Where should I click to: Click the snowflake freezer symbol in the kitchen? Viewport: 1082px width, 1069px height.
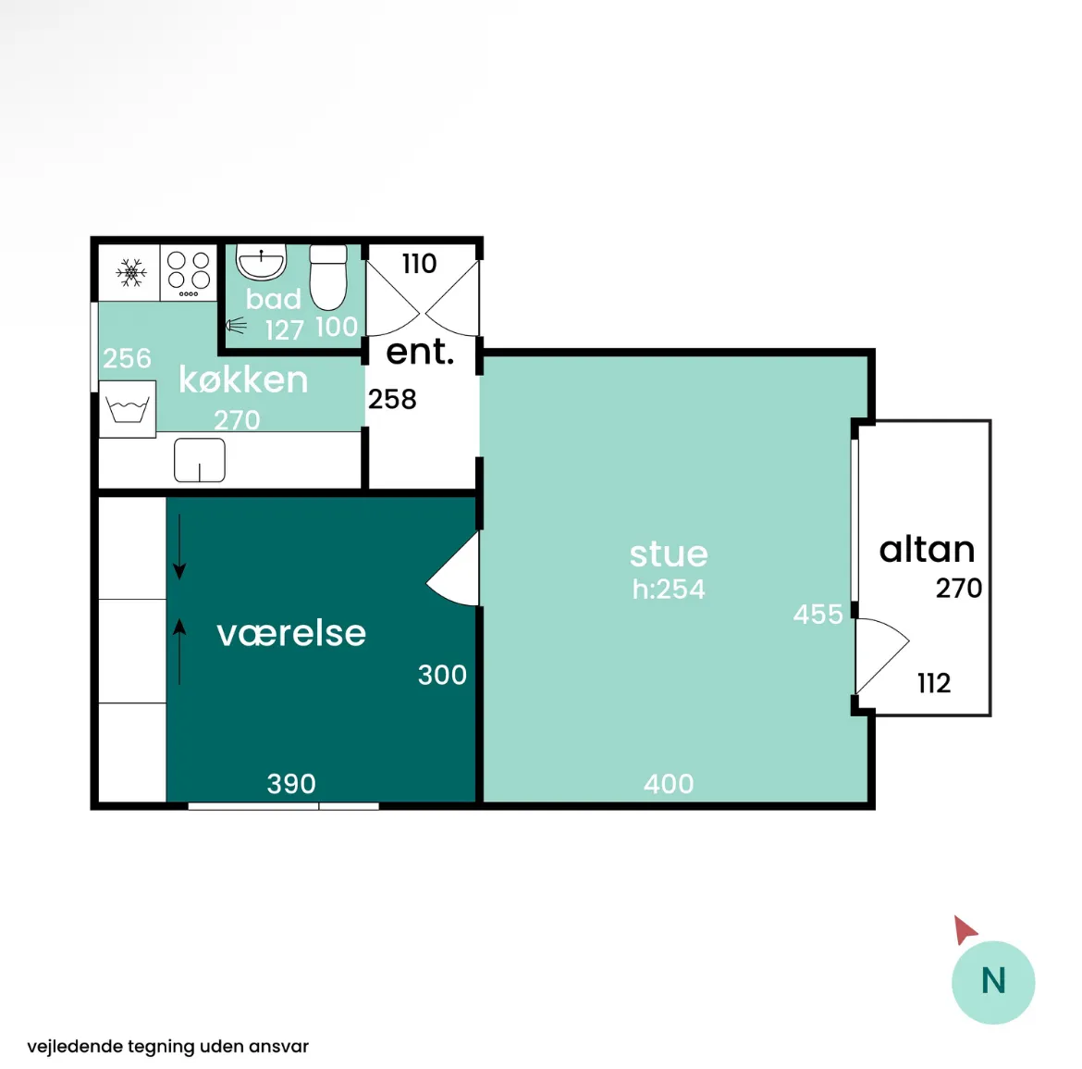pos(131,273)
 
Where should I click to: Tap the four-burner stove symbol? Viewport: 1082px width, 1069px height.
pos(189,273)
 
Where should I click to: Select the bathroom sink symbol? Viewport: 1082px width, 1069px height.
pos(261,262)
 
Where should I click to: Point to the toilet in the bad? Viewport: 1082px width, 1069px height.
pos(327,277)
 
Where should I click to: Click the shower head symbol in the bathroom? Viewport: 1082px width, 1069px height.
pos(236,325)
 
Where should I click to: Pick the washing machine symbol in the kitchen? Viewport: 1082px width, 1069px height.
pos(128,409)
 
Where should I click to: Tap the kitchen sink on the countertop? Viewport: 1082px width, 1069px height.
pos(200,460)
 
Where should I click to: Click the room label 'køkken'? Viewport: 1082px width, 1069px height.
pos(243,379)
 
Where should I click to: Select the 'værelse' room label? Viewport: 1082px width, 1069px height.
pos(291,633)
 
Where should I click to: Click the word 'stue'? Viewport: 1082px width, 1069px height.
pos(669,553)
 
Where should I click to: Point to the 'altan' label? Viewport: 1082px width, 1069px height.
pos(927,550)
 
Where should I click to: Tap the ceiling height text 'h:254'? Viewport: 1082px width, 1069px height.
pos(669,589)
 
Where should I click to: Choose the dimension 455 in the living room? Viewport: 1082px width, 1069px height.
pos(818,614)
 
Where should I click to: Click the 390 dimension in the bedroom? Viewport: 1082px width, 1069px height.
pos(291,784)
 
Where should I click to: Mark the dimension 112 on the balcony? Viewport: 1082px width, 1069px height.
pos(934,683)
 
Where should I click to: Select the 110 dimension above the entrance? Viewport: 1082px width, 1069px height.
pos(419,263)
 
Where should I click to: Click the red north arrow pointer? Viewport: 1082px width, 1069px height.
pos(964,929)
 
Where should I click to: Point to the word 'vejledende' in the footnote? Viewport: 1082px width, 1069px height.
pos(75,1046)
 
